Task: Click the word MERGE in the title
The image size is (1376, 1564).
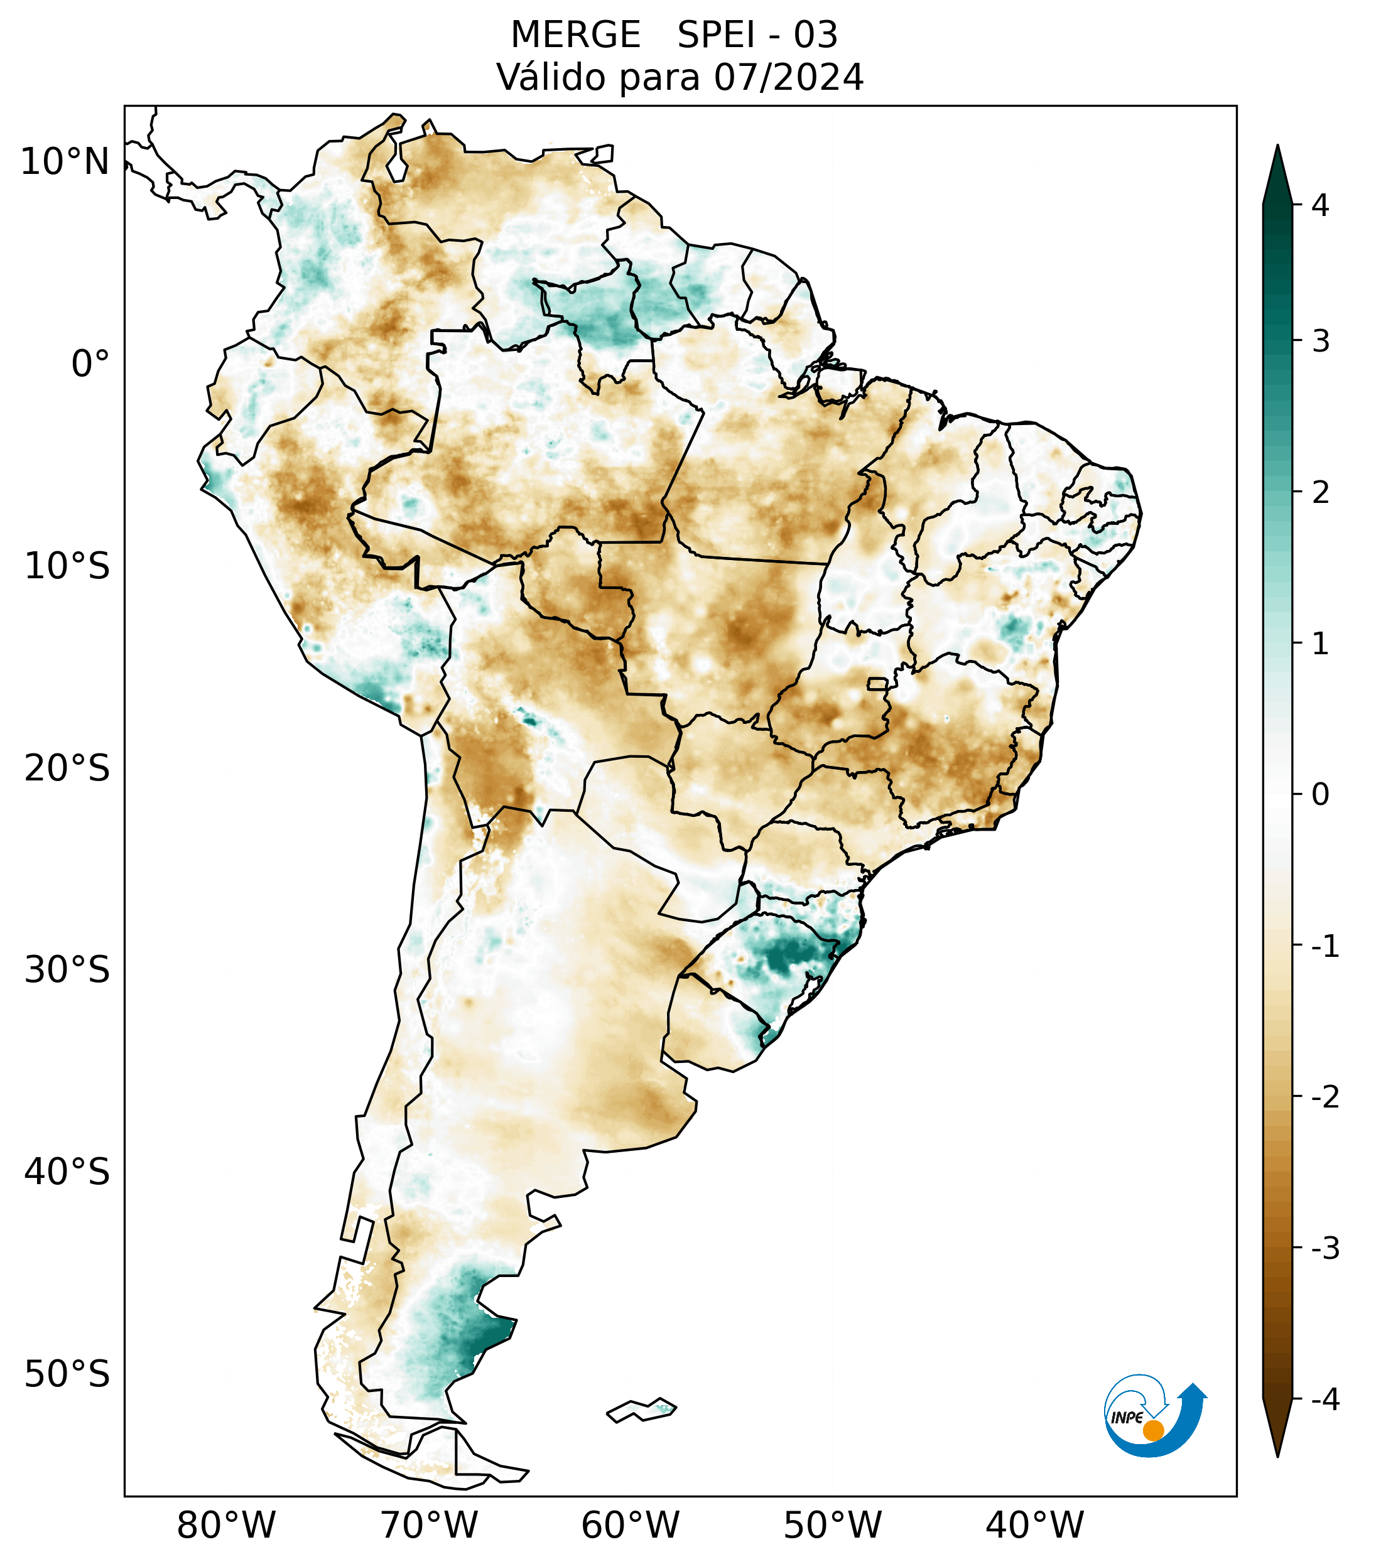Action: click(x=575, y=35)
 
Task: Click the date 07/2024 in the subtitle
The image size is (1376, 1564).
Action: click(x=788, y=77)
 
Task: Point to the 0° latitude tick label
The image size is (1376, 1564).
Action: click(x=90, y=364)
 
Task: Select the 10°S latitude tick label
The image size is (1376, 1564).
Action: click(x=67, y=566)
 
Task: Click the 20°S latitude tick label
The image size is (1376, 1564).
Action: click(x=67, y=769)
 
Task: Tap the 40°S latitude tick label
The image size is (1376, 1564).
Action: click(x=67, y=1172)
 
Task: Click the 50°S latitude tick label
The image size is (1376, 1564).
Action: click(x=67, y=1374)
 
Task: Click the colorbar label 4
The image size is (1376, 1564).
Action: click(x=1320, y=205)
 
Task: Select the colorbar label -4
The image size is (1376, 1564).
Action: click(x=1325, y=1400)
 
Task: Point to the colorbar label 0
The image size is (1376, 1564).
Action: click(x=1320, y=795)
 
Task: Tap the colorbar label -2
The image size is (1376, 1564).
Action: click(x=1325, y=1097)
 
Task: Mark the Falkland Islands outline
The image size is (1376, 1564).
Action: click(x=641, y=1410)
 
